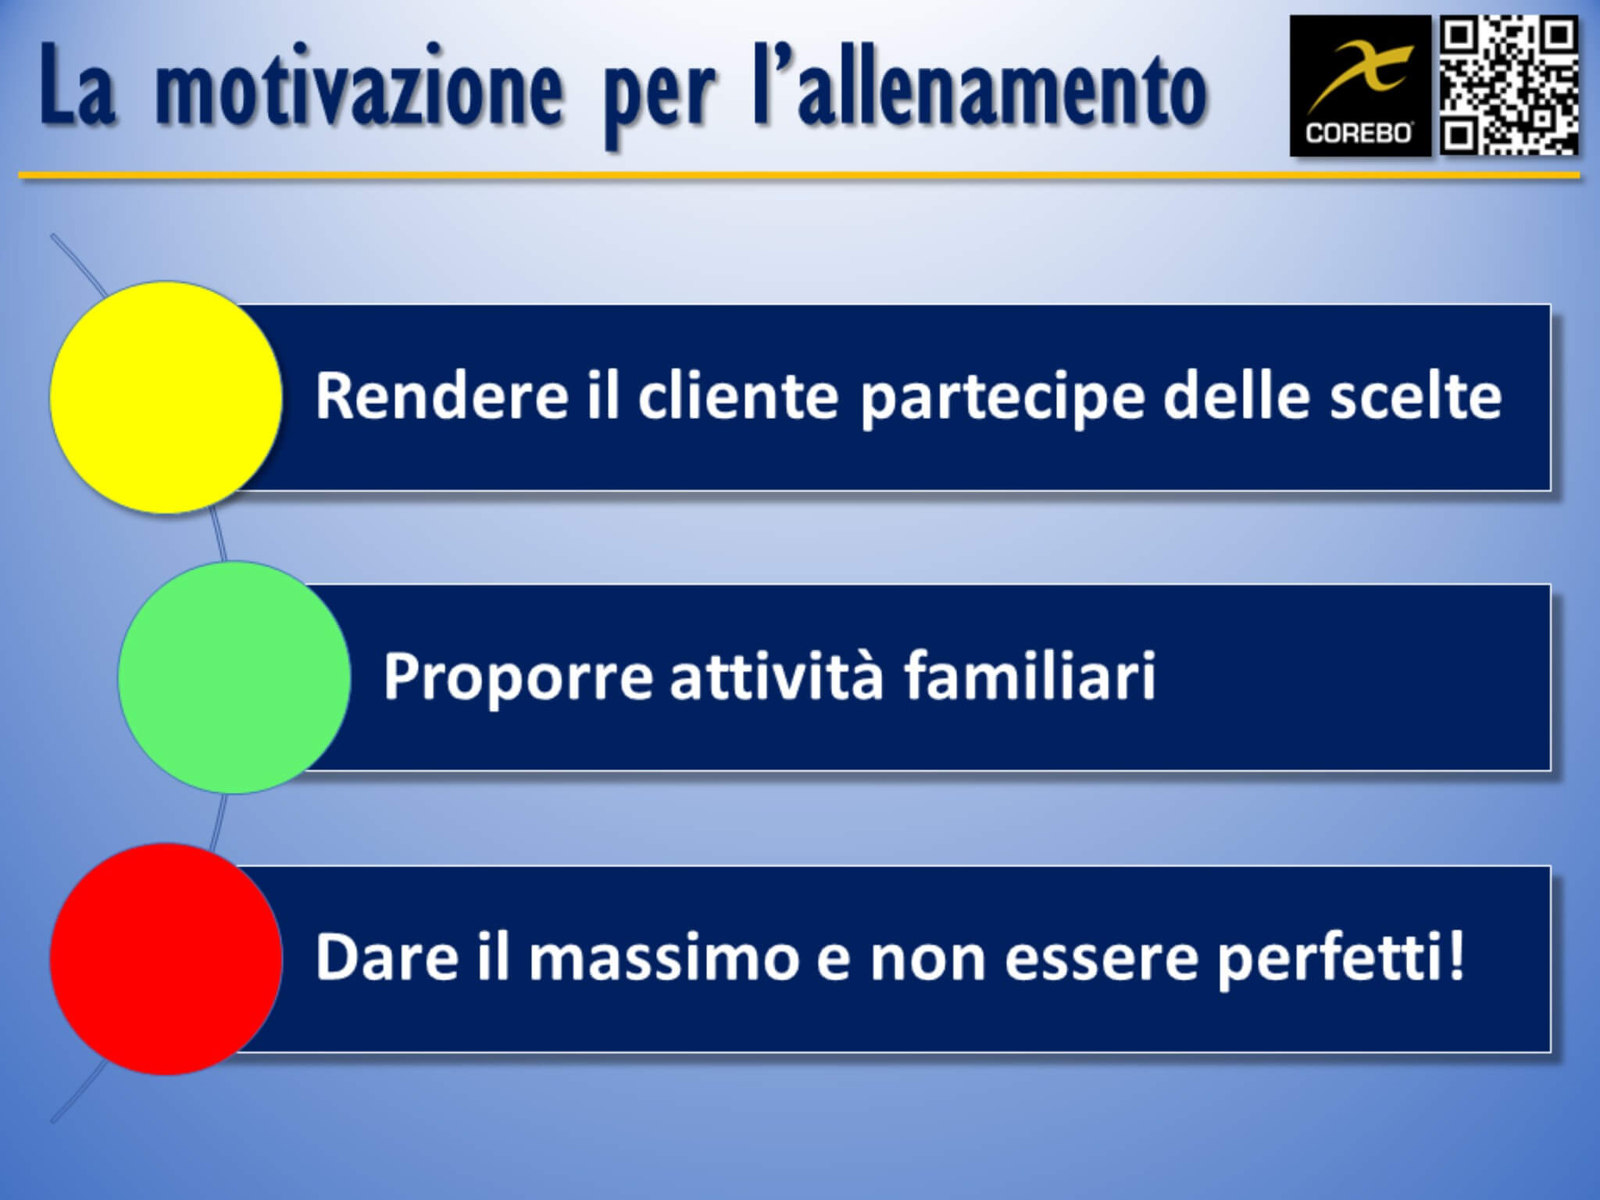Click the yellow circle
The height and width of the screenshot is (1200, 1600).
[x=166, y=397]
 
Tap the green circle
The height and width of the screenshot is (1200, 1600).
[x=234, y=677]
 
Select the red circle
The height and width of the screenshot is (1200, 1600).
[x=166, y=959]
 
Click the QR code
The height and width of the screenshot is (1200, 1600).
[x=1509, y=86]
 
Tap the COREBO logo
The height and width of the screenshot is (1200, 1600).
[x=1359, y=86]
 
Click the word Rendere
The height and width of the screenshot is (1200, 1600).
[x=441, y=396]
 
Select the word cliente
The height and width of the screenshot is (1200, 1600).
[x=737, y=396]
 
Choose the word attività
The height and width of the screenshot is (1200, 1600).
[x=777, y=676]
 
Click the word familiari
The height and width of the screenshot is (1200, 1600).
[x=1030, y=676]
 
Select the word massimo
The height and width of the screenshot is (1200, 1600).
[x=663, y=958]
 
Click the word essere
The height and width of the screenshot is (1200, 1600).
[x=1101, y=959]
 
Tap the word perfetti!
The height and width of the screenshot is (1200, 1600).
[x=1341, y=959]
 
